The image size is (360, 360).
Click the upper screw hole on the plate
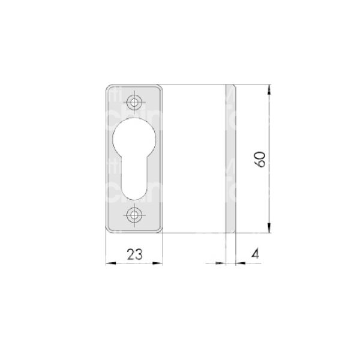135,103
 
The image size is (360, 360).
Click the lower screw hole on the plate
135,214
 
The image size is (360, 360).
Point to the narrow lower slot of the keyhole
135,179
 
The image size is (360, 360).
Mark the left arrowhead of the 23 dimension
109,262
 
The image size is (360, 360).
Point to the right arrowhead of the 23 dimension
160,262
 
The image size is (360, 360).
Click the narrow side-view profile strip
230,159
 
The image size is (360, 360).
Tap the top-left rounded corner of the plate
109,88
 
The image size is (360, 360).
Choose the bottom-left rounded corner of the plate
109,230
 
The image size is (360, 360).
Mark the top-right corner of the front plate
161,88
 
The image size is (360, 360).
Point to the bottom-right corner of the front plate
161,230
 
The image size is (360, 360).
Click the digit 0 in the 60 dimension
260,155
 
